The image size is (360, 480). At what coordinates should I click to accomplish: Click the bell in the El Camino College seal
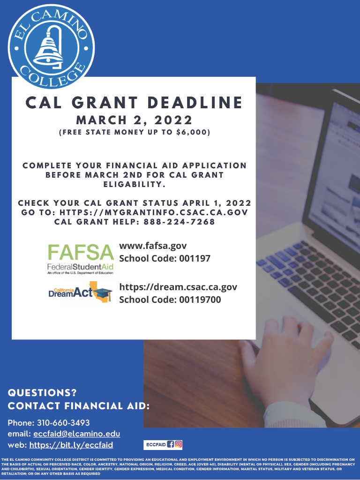coord(49,48)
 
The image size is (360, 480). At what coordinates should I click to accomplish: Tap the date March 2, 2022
coord(134,120)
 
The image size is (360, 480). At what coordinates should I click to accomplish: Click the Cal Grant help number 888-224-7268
coord(180,222)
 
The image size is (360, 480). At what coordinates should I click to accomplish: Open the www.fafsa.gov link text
coord(153,246)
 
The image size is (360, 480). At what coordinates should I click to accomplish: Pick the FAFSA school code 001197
coord(195,258)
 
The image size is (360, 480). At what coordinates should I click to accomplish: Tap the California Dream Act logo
coord(80,292)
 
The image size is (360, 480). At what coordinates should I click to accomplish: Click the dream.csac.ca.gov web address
coord(178,287)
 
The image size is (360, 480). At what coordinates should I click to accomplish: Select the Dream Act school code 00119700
coord(200,300)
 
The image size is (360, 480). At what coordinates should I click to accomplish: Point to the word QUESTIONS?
coord(42,393)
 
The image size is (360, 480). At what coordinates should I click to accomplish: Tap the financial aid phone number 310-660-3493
coord(63,423)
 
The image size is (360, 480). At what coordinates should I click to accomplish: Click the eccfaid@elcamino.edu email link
coord(76,434)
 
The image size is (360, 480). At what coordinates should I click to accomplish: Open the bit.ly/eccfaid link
coord(71,445)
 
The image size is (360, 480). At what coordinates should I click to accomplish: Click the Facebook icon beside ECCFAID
coord(171,444)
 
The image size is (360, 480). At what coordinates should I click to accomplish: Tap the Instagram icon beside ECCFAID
coord(178,444)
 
